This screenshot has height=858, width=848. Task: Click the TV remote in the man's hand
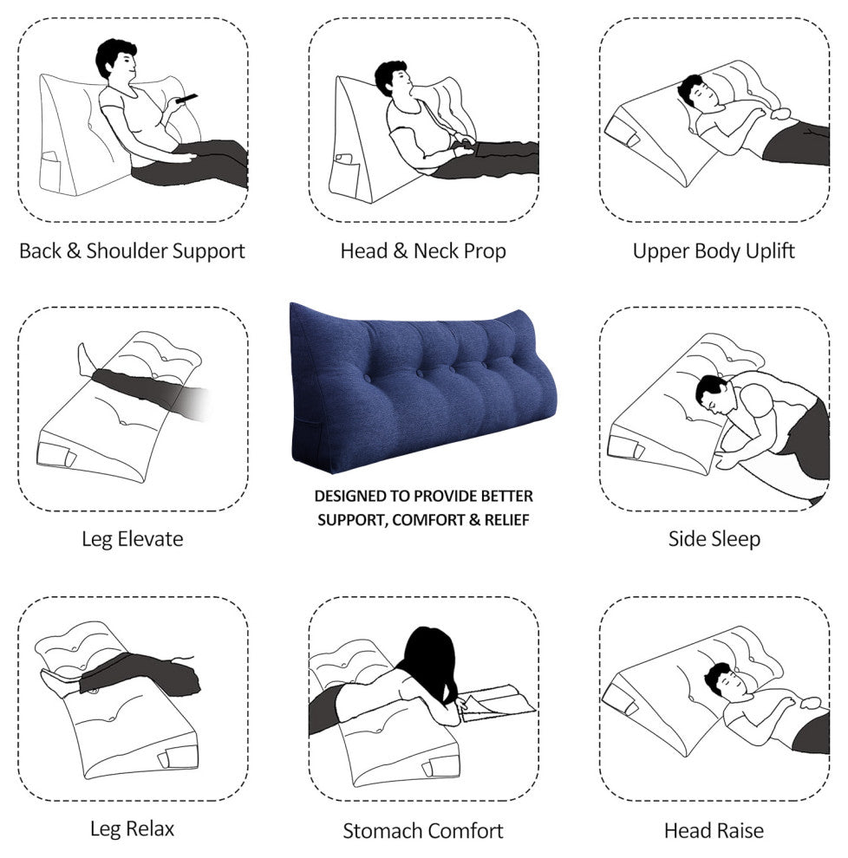[x=186, y=99]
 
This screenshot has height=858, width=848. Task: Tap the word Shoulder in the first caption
[x=127, y=250]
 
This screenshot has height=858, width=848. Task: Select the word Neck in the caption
[x=436, y=250]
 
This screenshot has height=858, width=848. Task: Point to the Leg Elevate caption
[x=133, y=539]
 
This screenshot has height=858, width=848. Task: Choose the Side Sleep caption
[x=714, y=539]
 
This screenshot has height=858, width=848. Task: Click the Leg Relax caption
[x=133, y=829]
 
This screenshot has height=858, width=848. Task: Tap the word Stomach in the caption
[x=382, y=830]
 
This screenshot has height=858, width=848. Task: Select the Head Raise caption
[x=714, y=830]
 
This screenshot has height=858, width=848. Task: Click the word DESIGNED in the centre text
[x=349, y=497]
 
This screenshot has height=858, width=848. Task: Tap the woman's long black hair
[x=432, y=663]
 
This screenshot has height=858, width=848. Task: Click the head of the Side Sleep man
[x=712, y=393]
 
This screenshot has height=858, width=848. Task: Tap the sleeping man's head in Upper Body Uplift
[x=695, y=92]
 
